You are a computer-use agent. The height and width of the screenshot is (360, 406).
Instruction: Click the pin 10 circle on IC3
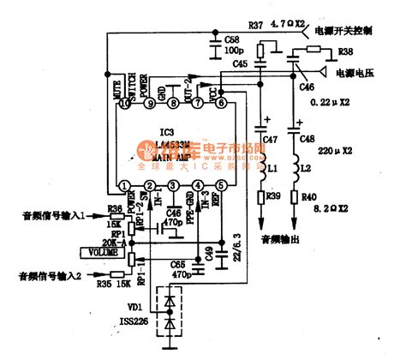click(125, 104)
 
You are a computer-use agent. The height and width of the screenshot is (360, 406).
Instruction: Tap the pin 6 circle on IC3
click(221, 104)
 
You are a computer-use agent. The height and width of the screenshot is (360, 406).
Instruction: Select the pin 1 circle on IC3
click(125, 185)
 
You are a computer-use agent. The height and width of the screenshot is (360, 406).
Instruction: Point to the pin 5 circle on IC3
click(221, 185)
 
